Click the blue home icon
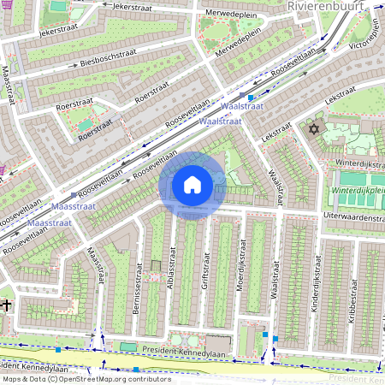click(192, 185)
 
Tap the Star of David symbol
click(312, 129)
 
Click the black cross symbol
click(6, 304)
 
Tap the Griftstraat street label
click(205, 275)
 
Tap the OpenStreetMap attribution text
click(86, 379)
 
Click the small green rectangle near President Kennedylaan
click(128, 346)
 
